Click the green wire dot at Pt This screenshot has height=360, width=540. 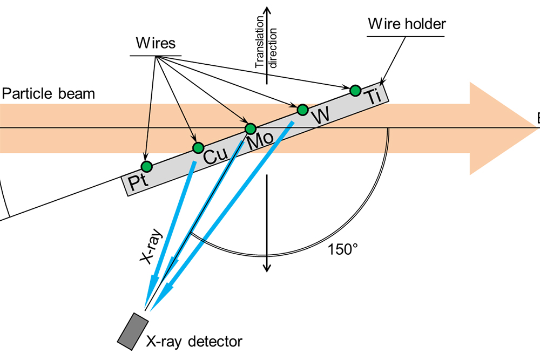click(x=146, y=165)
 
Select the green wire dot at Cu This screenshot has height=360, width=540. click(x=198, y=147)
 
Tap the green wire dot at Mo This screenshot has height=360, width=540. click(x=251, y=129)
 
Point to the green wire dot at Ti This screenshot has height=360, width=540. click(x=355, y=90)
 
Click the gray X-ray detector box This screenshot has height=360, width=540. click(x=133, y=330)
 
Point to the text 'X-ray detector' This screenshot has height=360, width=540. click(x=194, y=341)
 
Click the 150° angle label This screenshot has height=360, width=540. click(x=342, y=249)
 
